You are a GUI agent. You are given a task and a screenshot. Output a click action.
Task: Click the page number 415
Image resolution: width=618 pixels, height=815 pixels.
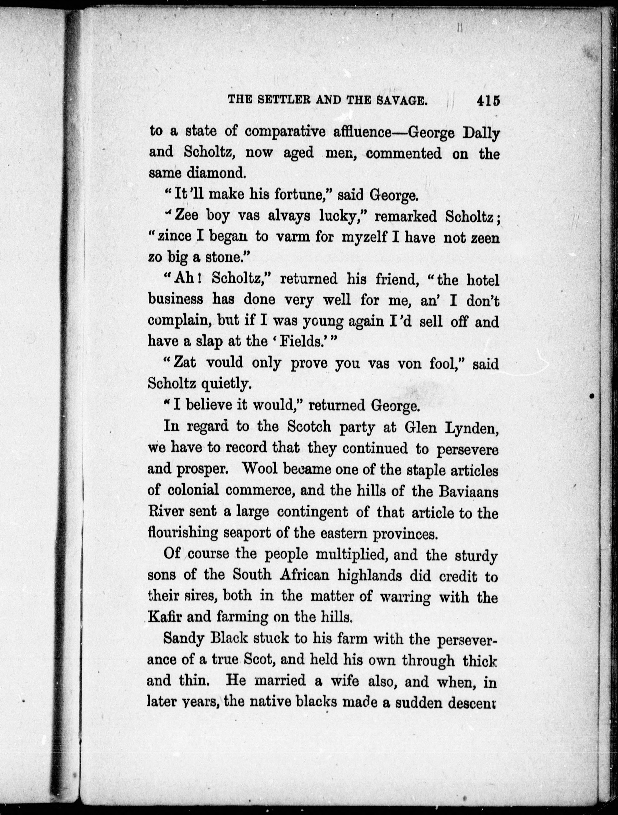pyautogui.click(x=488, y=101)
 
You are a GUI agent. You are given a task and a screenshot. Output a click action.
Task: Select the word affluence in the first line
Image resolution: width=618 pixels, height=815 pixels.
pyautogui.click(x=362, y=132)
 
